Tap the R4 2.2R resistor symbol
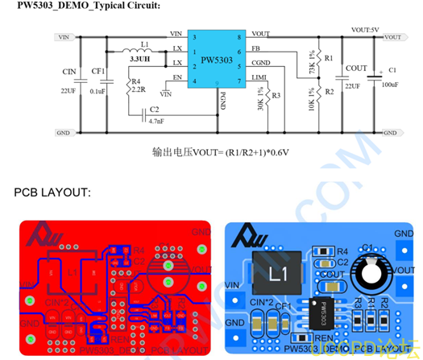[x=129, y=87]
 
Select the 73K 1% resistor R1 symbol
[x=319, y=58]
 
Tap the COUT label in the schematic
[x=356, y=69]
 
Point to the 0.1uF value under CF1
[x=98, y=92]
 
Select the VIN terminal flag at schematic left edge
[x=65, y=37]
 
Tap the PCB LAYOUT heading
[x=52, y=193]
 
